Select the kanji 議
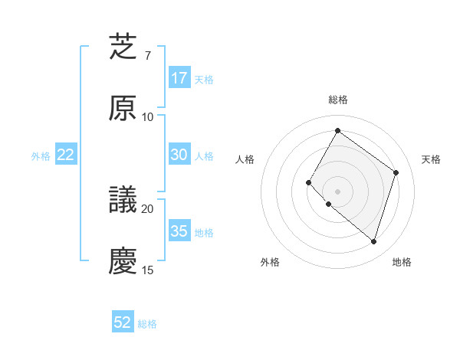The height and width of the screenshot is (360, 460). click(123, 201)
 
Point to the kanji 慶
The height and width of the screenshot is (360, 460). click(123, 261)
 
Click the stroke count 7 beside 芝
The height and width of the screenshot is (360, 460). click(148, 56)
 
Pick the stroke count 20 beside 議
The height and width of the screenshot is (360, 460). click(148, 208)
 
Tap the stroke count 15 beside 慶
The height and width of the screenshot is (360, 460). click(148, 270)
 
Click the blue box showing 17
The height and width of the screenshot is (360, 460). click(179, 78)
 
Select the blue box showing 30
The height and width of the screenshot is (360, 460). click(179, 155)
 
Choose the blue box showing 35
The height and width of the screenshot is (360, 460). click(179, 231)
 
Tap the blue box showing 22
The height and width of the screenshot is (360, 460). click(66, 155)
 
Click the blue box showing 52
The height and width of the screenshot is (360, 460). click(123, 322)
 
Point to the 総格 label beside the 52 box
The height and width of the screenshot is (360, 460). click(147, 324)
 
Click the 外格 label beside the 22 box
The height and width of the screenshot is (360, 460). click(41, 156)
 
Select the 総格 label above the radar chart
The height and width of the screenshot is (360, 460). click(338, 100)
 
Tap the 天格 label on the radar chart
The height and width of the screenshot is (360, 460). click(431, 159)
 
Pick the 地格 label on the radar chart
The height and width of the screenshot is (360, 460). click(402, 262)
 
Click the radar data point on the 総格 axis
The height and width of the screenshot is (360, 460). click(337, 130)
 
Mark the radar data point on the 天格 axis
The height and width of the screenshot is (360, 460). click(396, 172)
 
